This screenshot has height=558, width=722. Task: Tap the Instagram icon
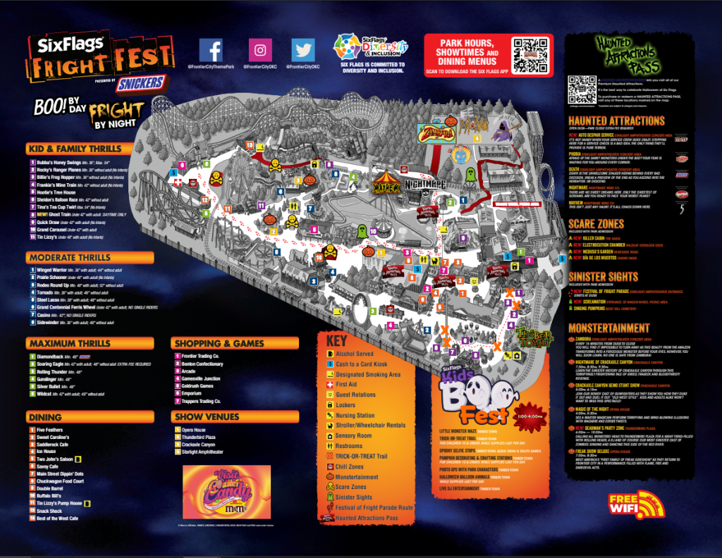pos(260,50)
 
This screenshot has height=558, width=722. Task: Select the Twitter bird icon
pos(304,50)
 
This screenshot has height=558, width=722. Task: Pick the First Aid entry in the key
pos(346,385)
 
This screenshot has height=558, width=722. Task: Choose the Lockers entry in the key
pos(345,405)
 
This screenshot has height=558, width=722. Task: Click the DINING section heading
pos(45,416)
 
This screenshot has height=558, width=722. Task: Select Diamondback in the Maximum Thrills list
pos(54,357)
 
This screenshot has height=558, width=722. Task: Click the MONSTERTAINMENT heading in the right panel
pos(609,328)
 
